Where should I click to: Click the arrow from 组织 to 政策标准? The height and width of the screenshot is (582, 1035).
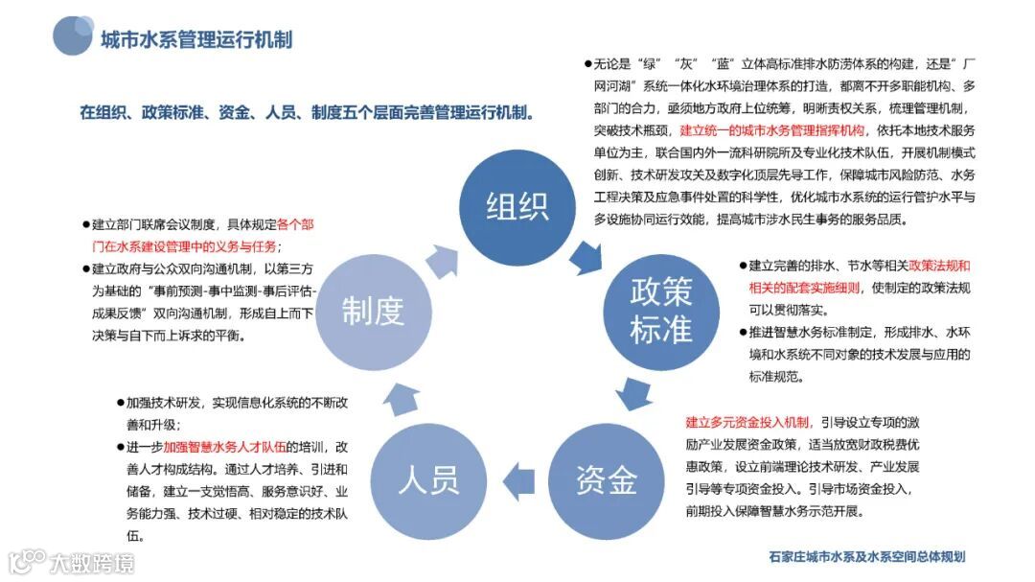pyautogui.click(x=585, y=256)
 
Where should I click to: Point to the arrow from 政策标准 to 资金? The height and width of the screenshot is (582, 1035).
pyautogui.click(x=632, y=393)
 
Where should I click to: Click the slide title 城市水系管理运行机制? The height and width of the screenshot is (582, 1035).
pyautogui.click(x=196, y=39)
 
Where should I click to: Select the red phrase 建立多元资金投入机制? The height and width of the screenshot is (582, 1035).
pyautogui.click(x=747, y=422)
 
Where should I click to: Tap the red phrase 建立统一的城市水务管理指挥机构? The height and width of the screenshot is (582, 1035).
pyautogui.click(x=772, y=130)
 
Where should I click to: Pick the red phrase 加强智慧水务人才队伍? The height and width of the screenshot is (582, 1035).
pyautogui.click(x=225, y=446)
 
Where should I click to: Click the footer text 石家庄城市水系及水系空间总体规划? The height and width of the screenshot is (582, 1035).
pyautogui.click(x=866, y=556)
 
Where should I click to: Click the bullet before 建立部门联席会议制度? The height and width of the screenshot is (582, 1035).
pyautogui.click(x=85, y=224)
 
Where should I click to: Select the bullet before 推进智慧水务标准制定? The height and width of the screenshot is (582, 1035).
pyautogui.click(x=742, y=333)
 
